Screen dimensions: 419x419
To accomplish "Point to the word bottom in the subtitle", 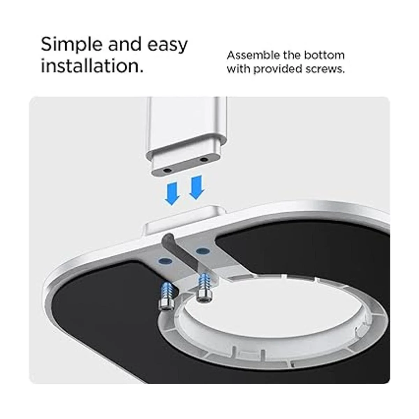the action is pos(324,55).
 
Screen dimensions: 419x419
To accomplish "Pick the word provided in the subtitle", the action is pos(278,69).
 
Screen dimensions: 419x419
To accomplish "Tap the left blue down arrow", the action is pos(172,194).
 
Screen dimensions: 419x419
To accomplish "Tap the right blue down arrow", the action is pos(197,188).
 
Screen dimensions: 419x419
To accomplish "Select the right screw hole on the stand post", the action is pos(204,160).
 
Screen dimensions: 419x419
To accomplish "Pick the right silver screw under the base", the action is pos(204,287).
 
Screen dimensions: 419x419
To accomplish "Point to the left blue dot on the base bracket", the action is pos(166,261).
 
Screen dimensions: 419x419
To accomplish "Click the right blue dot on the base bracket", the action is pos(203,251).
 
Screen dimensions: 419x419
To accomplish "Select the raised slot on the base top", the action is pos(185,220).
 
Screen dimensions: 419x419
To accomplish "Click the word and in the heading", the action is pos(125,45).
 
